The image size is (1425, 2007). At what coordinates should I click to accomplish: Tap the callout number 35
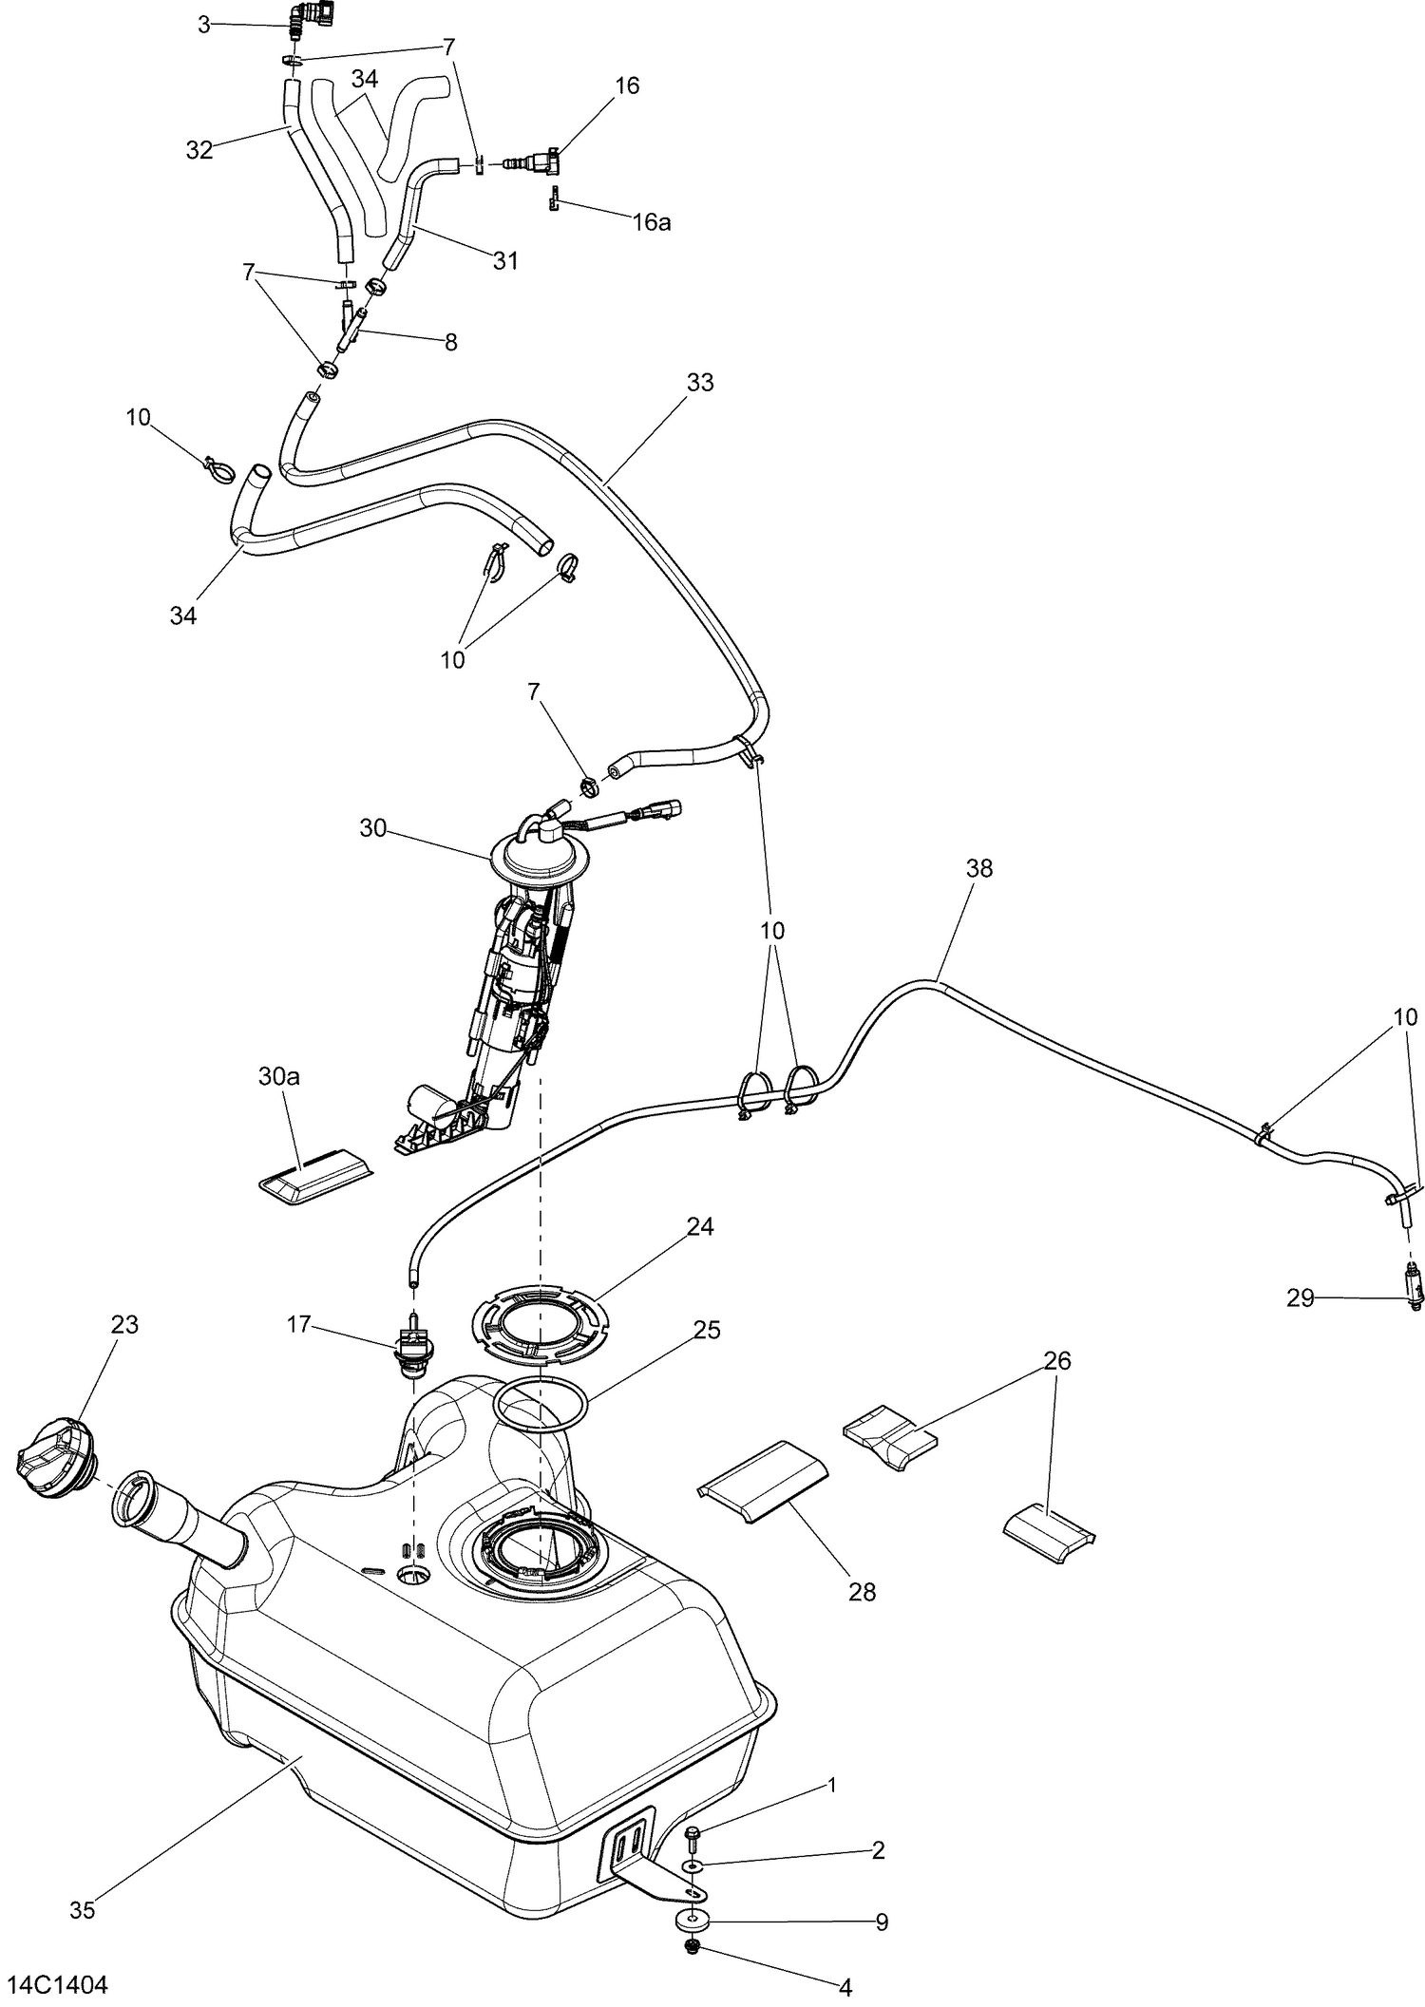[x=83, y=1910]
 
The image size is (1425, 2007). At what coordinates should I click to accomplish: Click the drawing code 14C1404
[x=58, y=1984]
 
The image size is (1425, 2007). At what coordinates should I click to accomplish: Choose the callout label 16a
[x=652, y=222]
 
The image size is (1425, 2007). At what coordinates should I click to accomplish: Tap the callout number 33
[x=700, y=383]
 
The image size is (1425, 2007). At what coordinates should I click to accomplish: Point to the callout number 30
[x=372, y=828]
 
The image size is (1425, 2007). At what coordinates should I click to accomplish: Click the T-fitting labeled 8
[x=354, y=327]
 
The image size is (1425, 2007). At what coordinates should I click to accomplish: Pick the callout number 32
[x=199, y=150]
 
